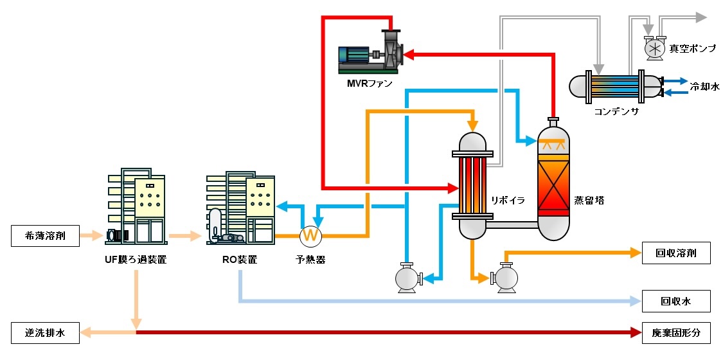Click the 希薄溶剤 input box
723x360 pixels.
pyautogui.click(x=45, y=236)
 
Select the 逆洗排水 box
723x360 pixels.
pyautogui.click(x=45, y=332)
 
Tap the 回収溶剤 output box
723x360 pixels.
pyautogui.click(x=676, y=253)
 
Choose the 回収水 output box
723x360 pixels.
pyautogui.click(x=676, y=300)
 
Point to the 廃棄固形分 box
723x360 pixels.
pyautogui.click(x=676, y=332)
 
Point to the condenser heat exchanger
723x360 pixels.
pyautogui.click(x=615, y=87)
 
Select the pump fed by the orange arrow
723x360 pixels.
pyautogui.click(x=506, y=278)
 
